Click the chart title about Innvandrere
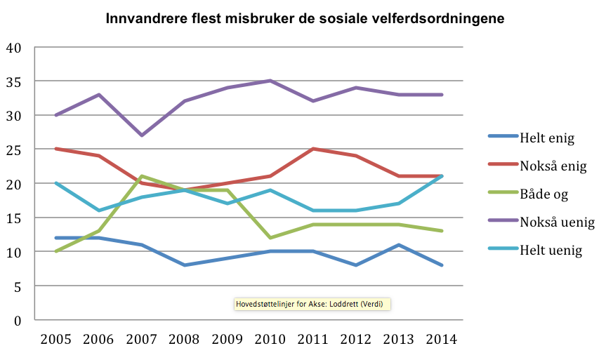tap(304, 18)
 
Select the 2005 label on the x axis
tap(57, 339)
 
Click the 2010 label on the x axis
tap(270, 339)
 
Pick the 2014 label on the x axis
tap(441, 339)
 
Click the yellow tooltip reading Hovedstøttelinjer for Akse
tap(312, 304)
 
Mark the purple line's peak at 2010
tap(270, 81)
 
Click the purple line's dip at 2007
tap(142, 135)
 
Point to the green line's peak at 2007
tap(142, 176)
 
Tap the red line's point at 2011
tap(313, 149)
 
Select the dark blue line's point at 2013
tap(399, 245)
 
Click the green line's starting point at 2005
tap(57, 251)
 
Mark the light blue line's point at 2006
tap(99, 211)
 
